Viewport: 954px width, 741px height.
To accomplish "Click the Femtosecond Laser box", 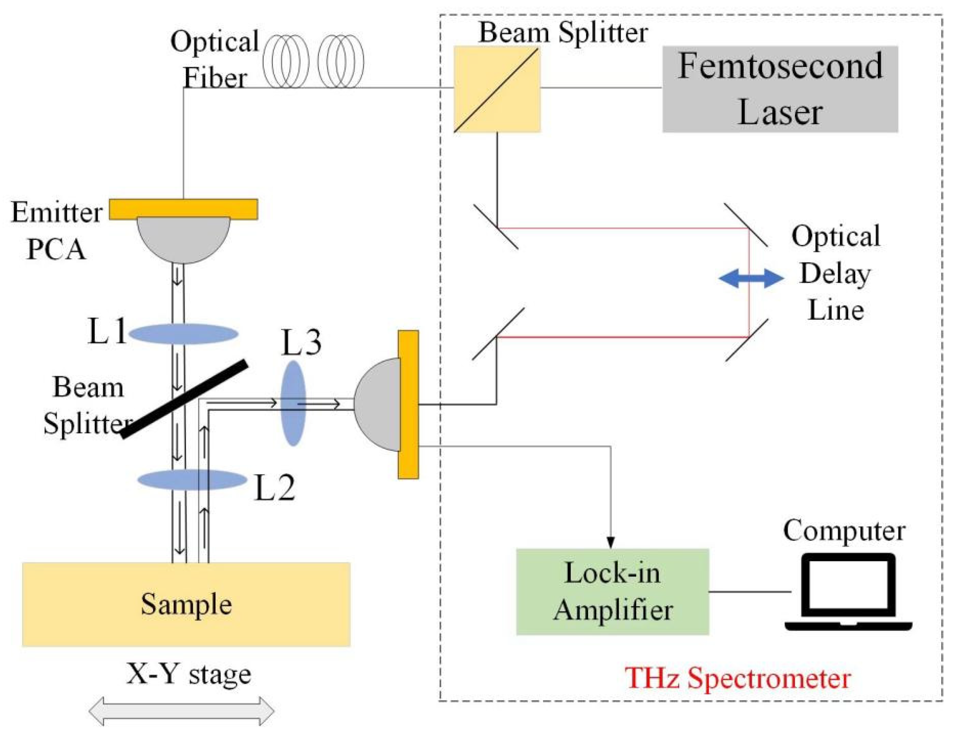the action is pos(780,89).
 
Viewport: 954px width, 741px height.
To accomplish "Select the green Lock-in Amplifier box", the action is pos(612,592).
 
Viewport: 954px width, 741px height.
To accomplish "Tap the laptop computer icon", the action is pos(848,592).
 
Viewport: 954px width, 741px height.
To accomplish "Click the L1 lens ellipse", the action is pos(184,334).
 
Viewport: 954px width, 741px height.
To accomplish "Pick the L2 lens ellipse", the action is pos(192,480).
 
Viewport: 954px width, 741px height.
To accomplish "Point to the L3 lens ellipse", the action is pos(293,403).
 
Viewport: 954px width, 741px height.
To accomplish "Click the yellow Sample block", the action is pos(187,604).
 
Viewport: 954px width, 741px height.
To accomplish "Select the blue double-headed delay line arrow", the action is pos(751,278).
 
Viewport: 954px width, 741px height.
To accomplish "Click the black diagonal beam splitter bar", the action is pos(184,399).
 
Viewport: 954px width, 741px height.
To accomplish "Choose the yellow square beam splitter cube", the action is pos(497,89).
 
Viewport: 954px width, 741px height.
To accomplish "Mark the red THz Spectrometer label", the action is pos(738,679).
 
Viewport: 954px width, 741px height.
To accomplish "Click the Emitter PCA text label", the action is pos(57,231).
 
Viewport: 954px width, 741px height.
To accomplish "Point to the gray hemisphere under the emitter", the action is pos(184,240).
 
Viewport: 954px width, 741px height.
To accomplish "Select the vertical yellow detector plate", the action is pos(408,405).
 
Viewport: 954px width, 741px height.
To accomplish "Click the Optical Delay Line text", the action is pos(836,273).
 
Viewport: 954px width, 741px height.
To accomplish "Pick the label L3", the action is pos(302,342).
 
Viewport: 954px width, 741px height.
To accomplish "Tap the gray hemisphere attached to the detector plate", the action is pos(377,405).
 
